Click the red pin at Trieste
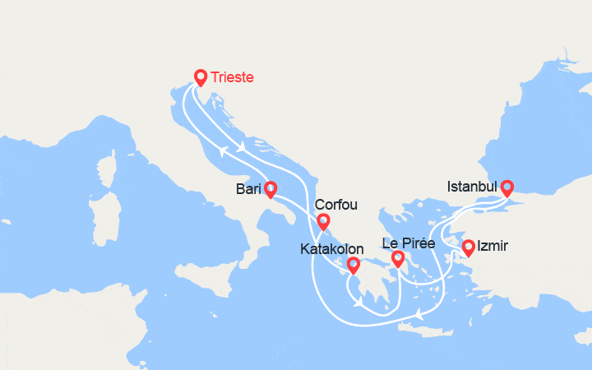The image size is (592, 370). [x=200, y=77]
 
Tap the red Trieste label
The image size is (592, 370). [x=232, y=77]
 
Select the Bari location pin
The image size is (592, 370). [x=271, y=190]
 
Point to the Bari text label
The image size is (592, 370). [x=248, y=189]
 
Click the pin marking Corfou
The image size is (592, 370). [x=323, y=221]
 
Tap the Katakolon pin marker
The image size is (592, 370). [x=353, y=265]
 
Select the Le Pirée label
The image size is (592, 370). [x=409, y=243]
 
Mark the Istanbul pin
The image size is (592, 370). [x=507, y=187]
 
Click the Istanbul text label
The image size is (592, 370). [x=473, y=187]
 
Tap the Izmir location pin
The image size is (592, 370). [x=468, y=247]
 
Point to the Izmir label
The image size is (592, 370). [x=493, y=246]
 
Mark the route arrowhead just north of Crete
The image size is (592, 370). [x=419, y=314]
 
